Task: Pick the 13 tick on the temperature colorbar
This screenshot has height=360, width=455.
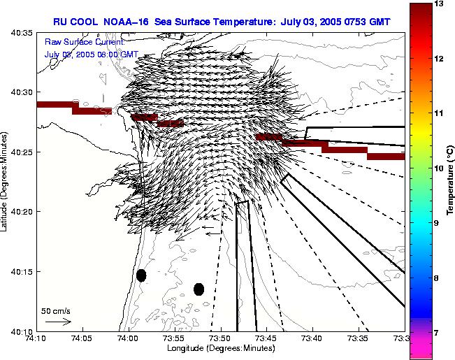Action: click(x=439, y=4)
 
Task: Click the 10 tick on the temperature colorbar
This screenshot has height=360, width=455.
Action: click(x=439, y=168)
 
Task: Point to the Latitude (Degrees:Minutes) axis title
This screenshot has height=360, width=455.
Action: click(x=6, y=181)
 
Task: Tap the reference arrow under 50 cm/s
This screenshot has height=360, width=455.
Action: click(x=58, y=322)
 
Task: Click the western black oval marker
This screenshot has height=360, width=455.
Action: click(x=141, y=275)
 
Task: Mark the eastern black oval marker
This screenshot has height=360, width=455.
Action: click(x=199, y=289)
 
